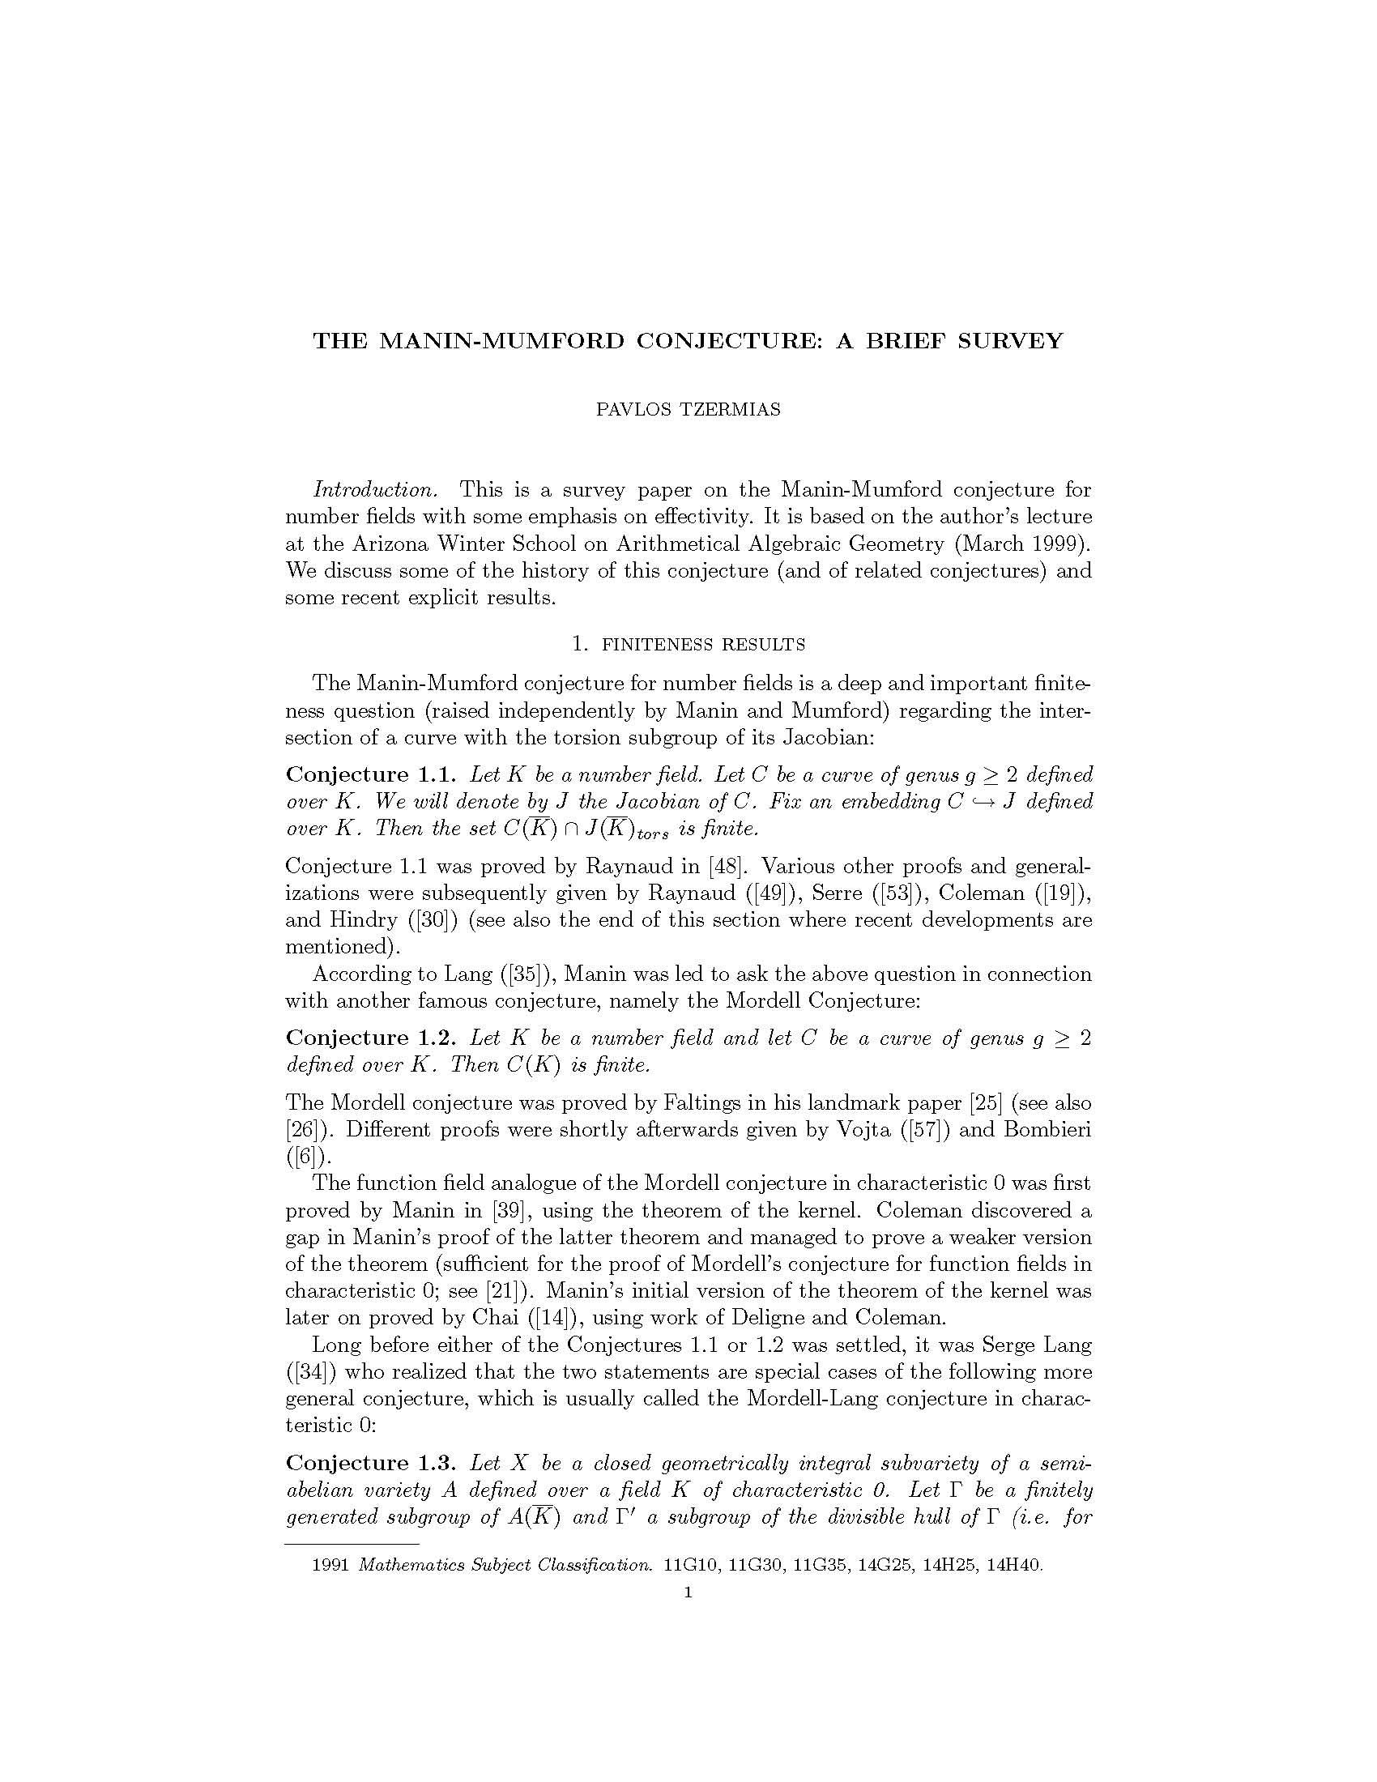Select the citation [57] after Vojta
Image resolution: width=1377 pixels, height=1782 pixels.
928,1130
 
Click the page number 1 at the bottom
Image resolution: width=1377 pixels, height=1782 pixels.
688,1592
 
